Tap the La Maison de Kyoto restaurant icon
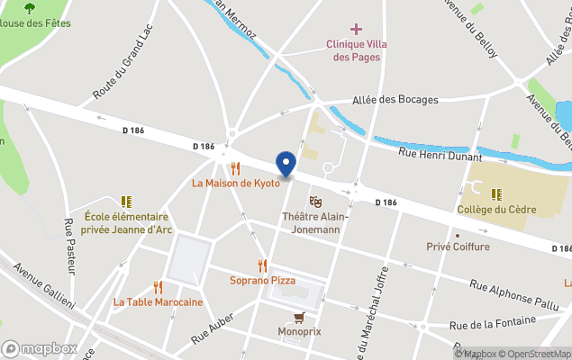pos(235,168)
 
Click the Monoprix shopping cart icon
pos(299,317)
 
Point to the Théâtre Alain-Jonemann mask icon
pos(315,202)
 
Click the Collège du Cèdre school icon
pos(496,193)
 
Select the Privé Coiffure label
pos(459,247)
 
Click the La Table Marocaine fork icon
pos(158,288)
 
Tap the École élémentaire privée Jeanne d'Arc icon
pos(126,202)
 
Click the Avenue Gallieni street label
pos(44,288)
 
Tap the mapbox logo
pos(40,348)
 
